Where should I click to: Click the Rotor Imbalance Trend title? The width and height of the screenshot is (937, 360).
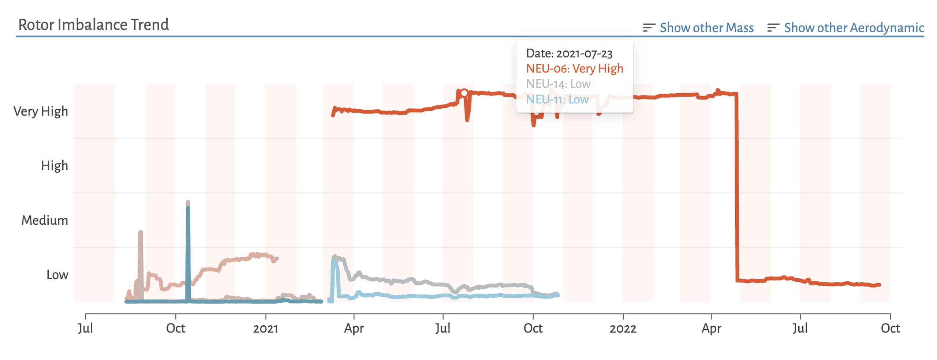(93, 25)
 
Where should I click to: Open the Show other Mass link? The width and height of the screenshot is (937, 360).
(706, 28)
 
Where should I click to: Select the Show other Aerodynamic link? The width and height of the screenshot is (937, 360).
(854, 28)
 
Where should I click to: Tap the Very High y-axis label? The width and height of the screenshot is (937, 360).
(41, 111)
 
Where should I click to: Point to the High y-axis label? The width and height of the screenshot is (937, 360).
(54, 166)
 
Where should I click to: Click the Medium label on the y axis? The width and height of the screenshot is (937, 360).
(45, 220)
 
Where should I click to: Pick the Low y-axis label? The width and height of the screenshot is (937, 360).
(57, 275)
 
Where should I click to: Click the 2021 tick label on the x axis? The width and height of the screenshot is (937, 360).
(265, 329)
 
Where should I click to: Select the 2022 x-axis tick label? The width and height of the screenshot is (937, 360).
(623, 329)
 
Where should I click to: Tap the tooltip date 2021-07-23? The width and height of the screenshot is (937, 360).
(569, 54)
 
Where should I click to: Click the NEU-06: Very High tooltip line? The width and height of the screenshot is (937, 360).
(574, 69)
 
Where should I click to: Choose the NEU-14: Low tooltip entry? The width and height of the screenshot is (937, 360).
(558, 84)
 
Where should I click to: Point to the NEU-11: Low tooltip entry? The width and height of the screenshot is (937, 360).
(557, 100)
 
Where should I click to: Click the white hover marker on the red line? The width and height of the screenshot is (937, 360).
(464, 93)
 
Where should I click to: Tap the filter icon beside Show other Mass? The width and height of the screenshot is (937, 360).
(649, 28)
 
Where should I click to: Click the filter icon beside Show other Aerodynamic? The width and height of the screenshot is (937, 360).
(773, 28)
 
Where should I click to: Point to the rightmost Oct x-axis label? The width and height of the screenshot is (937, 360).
(890, 329)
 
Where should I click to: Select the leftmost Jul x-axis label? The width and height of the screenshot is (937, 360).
(85, 329)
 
